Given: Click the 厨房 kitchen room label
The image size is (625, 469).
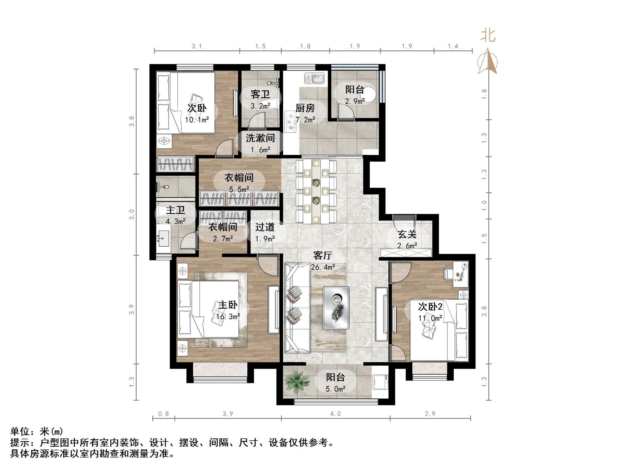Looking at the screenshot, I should coord(305,108).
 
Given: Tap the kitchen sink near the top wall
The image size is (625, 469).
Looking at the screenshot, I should coord(315,78).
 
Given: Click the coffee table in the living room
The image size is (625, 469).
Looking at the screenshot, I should coord(336,308).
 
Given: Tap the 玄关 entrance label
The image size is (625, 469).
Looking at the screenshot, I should coord(407,234).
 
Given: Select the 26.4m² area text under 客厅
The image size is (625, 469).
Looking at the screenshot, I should coord(323,267).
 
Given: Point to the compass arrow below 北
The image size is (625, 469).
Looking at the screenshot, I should coord(488,62).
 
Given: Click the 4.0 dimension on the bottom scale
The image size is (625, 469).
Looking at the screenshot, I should coord(336,414).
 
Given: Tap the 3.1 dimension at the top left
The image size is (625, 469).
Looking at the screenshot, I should coord(197,46).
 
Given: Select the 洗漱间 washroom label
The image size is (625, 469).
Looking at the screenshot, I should coord(260,138).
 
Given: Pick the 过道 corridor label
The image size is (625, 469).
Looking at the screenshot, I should coord(265,227).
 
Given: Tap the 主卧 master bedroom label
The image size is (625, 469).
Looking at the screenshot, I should coord(228,305).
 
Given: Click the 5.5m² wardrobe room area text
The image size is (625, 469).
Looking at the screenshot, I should coord(239,189).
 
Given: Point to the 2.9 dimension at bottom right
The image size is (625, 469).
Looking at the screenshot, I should coord(430,414).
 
